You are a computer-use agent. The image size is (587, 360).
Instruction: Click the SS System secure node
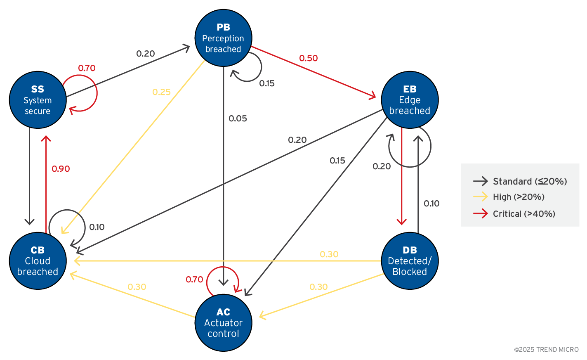coord(38,100)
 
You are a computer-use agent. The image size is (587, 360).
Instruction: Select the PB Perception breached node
coord(223,38)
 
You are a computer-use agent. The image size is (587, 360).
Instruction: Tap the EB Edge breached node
coord(410,100)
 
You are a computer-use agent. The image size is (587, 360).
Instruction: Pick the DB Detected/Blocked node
coord(410,261)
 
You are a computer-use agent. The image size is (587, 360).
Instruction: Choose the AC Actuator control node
coord(223,323)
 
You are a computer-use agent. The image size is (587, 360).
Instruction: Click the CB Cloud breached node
coord(38,261)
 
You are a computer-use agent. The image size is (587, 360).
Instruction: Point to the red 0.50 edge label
coord(309,58)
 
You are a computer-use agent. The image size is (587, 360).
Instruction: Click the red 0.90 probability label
coord(61,169)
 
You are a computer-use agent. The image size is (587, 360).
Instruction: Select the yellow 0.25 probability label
coord(161,92)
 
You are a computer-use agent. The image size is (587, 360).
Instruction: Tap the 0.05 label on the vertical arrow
coord(238,118)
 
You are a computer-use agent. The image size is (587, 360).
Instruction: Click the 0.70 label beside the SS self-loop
coord(87,68)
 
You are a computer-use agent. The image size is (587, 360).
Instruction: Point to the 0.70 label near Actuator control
coord(194,279)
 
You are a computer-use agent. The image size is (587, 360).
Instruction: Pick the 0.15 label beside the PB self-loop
coord(267,83)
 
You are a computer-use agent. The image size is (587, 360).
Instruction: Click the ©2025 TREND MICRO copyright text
coord(546,350)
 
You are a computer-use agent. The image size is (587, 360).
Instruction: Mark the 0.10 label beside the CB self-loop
coord(97,227)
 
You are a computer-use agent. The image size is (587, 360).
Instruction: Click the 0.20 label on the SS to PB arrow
coord(146,54)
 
